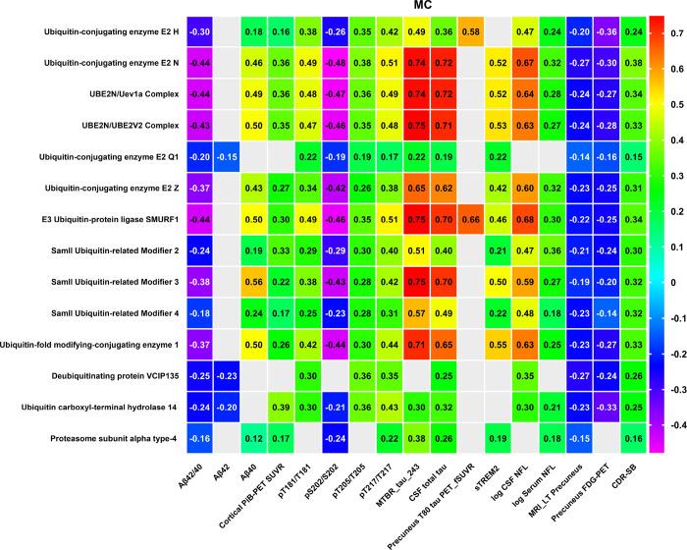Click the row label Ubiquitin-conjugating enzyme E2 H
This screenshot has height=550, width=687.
coord(111,32)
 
